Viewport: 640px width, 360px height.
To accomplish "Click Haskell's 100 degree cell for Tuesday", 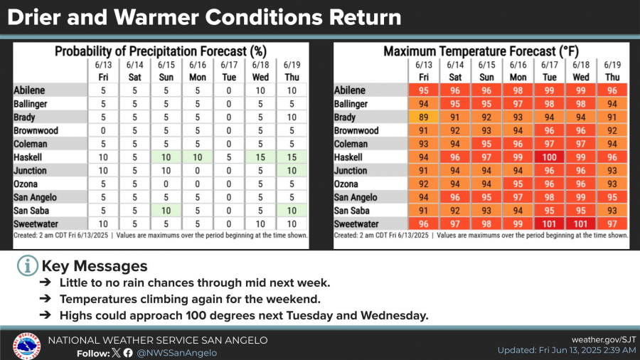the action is click(x=549, y=157).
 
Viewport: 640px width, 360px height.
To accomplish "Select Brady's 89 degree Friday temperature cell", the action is click(x=424, y=117).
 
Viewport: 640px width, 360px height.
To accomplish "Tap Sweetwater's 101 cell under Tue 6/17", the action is click(x=549, y=224).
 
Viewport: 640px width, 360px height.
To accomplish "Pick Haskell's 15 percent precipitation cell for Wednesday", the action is click(x=260, y=157).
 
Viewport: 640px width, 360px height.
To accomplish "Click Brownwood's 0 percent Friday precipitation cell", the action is click(x=103, y=131).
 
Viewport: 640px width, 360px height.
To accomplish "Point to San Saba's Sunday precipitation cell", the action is click(x=166, y=211).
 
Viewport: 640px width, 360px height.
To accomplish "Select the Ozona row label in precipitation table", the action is click(x=26, y=184).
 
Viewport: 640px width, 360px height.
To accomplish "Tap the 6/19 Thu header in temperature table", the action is click(x=612, y=71).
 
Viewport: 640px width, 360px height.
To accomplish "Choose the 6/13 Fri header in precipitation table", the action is click(x=103, y=71).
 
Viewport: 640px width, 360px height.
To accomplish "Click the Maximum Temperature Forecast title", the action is click(x=481, y=51).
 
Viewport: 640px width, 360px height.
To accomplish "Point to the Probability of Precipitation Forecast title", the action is click(x=161, y=51).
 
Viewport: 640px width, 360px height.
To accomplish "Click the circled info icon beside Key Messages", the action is click(x=27, y=265).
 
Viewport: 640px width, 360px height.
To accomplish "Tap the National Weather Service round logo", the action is click(x=26, y=346).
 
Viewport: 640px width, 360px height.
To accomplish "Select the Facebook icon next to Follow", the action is click(x=128, y=353).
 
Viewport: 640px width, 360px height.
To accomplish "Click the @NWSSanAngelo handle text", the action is click(x=177, y=353).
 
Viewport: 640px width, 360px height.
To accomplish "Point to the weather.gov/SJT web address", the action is click(x=604, y=339).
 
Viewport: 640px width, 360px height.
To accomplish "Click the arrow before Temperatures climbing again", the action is click(x=46, y=299).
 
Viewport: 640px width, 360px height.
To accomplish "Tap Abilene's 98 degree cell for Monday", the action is click(x=518, y=90).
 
